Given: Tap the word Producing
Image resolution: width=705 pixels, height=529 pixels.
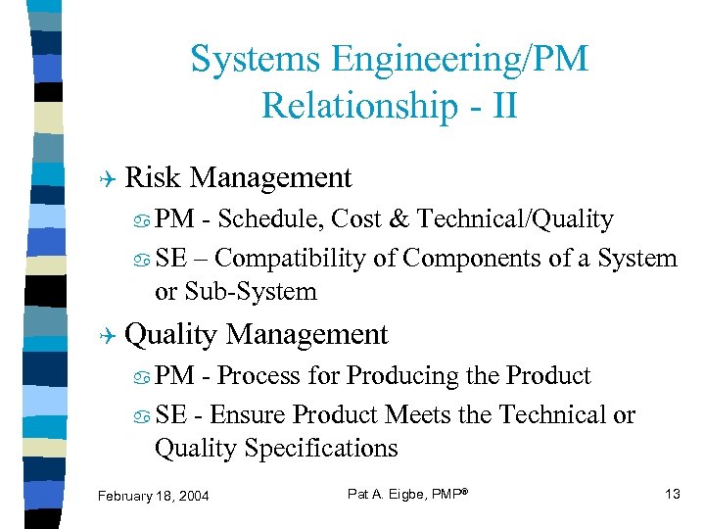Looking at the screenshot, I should pyautogui.click(x=398, y=376).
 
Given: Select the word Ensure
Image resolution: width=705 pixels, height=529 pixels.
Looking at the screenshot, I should pyautogui.click(x=249, y=415).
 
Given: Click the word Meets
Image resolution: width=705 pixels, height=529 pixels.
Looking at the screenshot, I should pyautogui.click(x=415, y=415).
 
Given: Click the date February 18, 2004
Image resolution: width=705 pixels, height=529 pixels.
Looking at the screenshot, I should pyautogui.click(x=154, y=497).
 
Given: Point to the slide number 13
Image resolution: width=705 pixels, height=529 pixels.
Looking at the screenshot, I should pyautogui.click(x=672, y=494).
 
